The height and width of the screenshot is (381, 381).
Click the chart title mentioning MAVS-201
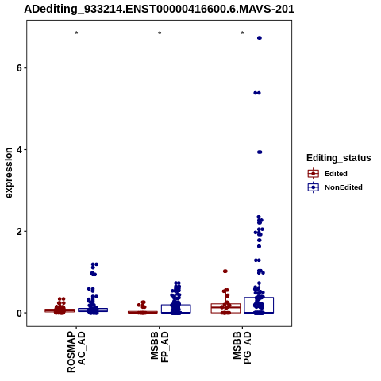click(159, 10)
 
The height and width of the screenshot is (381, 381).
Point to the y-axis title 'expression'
click(9, 173)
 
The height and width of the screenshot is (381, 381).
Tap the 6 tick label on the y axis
click(18, 68)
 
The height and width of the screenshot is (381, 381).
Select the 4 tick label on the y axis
click(18, 150)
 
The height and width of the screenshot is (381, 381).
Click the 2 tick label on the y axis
click(18, 232)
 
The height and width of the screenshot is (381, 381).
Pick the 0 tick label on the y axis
click(18, 313)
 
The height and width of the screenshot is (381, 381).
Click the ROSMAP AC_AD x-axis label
click(76, 352)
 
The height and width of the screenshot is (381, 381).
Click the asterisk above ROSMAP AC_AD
click(76, 33)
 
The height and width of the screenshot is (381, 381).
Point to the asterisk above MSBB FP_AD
click(160, 33)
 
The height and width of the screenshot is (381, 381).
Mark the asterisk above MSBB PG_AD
click(242, 33)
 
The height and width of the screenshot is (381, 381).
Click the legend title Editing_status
click(339, 158)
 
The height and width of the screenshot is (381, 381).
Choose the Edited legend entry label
click(336, 174)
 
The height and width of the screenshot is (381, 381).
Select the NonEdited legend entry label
click(344, 187)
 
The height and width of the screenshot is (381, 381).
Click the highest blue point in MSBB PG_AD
click(260, 38)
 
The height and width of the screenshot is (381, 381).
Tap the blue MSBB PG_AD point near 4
click(260, 152)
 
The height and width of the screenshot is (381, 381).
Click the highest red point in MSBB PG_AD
click(225, 271)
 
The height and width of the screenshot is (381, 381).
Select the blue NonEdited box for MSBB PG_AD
click(259, 305)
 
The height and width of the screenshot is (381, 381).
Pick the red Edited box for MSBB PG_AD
click(225, 308)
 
